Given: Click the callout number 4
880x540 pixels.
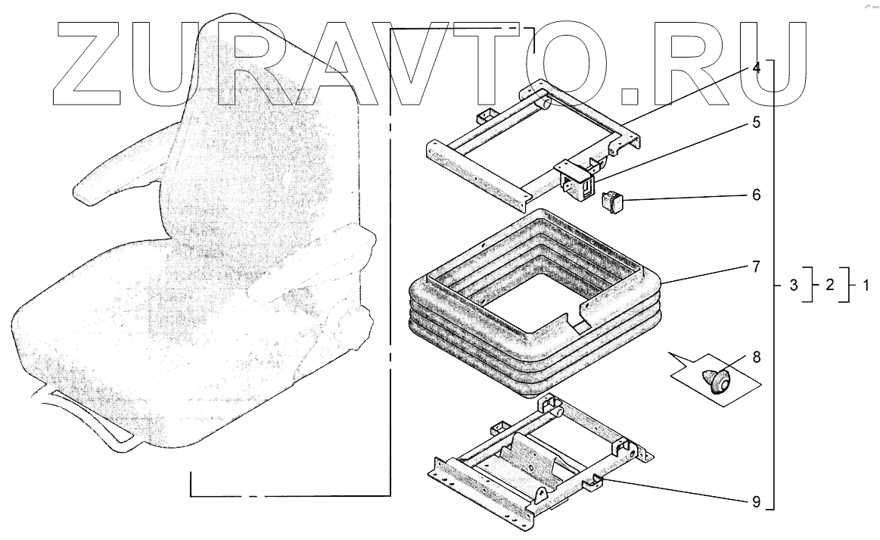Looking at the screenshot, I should pyautogui.click(x=756, y=67).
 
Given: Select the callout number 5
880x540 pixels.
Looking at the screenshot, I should pyautogui.click(x=756, y=122).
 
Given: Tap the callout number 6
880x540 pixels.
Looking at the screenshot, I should pyautogui.click(x=756, y=195).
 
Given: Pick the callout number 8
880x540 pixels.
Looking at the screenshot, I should pyautogui.click(x=756, y=355).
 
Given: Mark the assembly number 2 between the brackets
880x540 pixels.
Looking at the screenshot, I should pyautogui.click(x=829, y=286).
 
